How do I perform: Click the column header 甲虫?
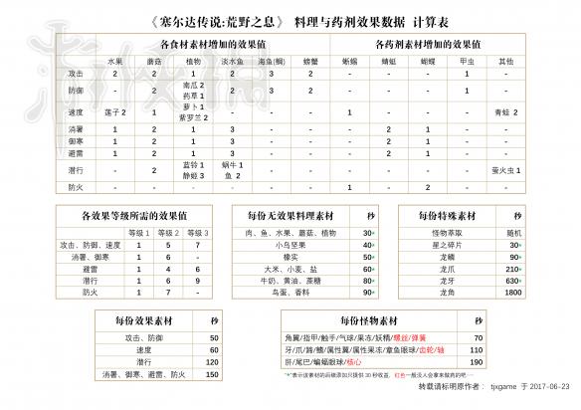point(466,61)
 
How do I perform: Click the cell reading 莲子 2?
point(115,111)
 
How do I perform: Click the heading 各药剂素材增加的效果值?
point(434,46)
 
